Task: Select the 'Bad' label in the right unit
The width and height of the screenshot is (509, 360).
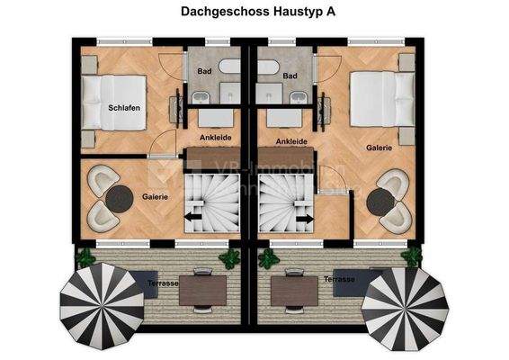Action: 290,76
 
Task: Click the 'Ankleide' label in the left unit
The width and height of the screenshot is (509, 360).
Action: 216,138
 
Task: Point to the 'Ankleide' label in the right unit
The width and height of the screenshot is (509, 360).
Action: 291,141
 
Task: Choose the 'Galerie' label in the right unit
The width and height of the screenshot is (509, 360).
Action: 379,147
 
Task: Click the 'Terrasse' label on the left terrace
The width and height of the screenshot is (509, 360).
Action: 162,282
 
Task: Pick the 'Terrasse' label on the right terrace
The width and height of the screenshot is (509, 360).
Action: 340,280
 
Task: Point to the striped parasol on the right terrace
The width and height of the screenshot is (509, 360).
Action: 404,304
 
